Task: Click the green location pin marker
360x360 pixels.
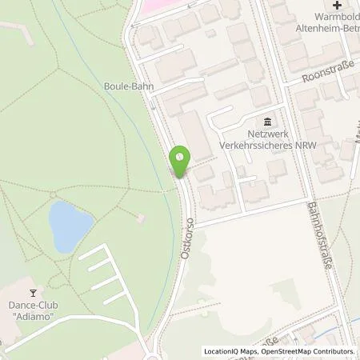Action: (181, 161)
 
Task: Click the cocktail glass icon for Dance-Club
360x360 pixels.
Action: (33, 293)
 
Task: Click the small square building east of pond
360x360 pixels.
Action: (140, 218)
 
